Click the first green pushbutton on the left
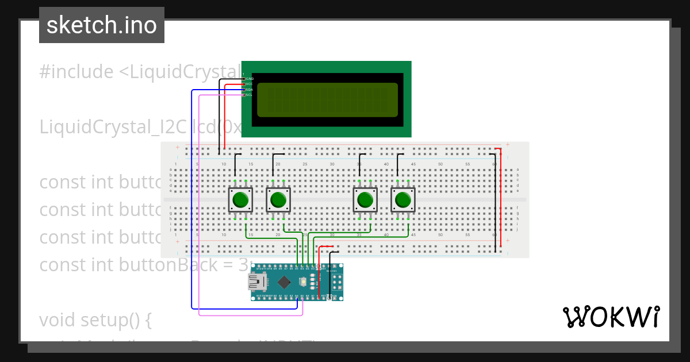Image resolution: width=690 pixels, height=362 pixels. point(240,200)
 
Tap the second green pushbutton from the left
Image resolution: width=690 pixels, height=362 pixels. point(278,200)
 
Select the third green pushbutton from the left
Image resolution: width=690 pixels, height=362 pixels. point(365,200)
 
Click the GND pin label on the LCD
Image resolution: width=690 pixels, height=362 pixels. point(250,79)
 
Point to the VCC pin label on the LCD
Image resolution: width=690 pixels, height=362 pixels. point(250,84)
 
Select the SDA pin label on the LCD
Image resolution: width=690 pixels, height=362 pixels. point(250,90)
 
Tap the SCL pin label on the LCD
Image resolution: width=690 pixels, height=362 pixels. point(250,95)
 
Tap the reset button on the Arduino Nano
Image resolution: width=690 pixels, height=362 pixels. point(303,282)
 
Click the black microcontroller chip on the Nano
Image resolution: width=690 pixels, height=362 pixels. point(284,282)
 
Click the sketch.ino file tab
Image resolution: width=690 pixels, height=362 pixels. point(102,25)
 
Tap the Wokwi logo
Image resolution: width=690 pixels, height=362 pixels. point(611,317)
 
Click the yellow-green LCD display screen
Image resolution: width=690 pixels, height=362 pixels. point(327,99)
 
